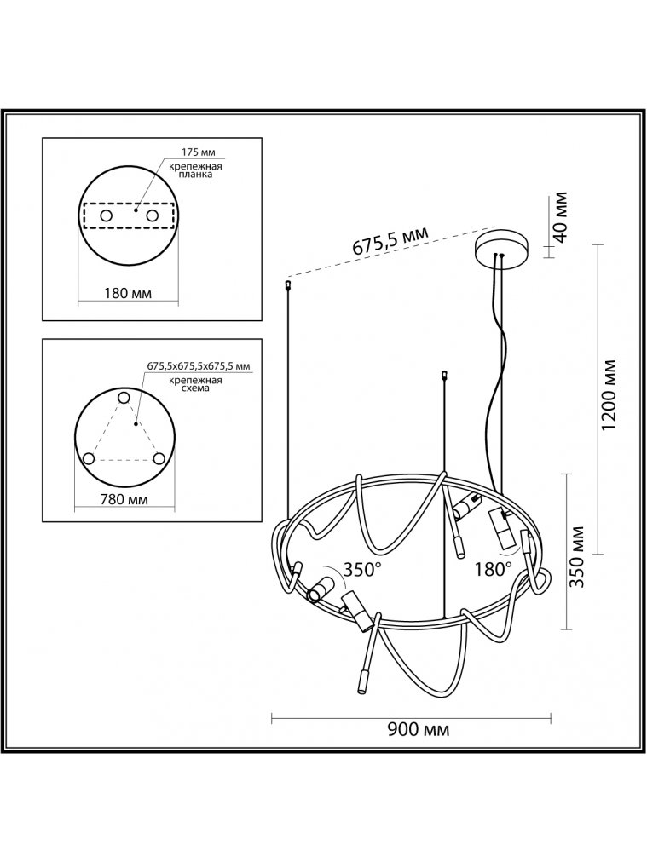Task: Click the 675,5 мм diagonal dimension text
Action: (390, 243)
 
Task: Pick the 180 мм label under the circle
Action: (130, 294)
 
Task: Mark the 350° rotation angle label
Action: (361, 570)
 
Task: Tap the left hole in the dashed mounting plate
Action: (107, 216)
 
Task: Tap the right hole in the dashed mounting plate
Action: (153, 216)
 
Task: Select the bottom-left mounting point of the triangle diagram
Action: (88, 459)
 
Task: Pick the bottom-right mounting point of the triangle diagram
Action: (159, 458)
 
